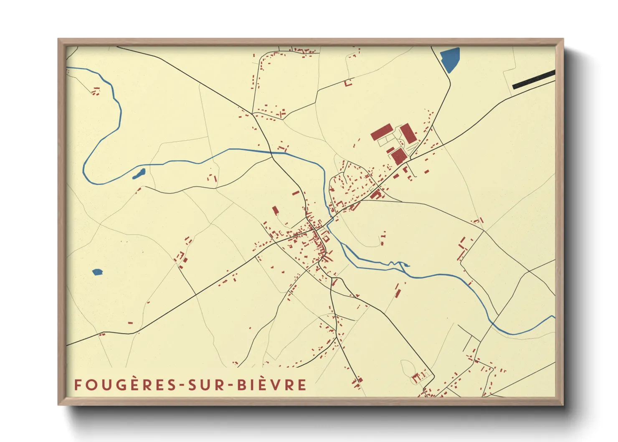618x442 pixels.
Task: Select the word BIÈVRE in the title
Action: pos(272,385)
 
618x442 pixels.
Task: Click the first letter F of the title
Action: pos(78,385)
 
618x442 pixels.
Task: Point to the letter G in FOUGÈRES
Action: pos(120,385)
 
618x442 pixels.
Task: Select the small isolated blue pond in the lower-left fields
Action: pos(97,272)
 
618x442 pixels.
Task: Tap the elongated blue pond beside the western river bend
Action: pos(139,174)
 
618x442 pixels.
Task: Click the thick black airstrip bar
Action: pos(534,79)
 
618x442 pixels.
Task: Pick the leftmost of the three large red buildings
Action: pos(381,132)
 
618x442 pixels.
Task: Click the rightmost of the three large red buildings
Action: pos(408,133)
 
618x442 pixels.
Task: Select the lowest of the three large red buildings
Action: pos(399,156)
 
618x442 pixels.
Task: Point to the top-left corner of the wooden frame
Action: pos(58,39)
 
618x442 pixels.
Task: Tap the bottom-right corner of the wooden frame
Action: pos(563,404)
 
